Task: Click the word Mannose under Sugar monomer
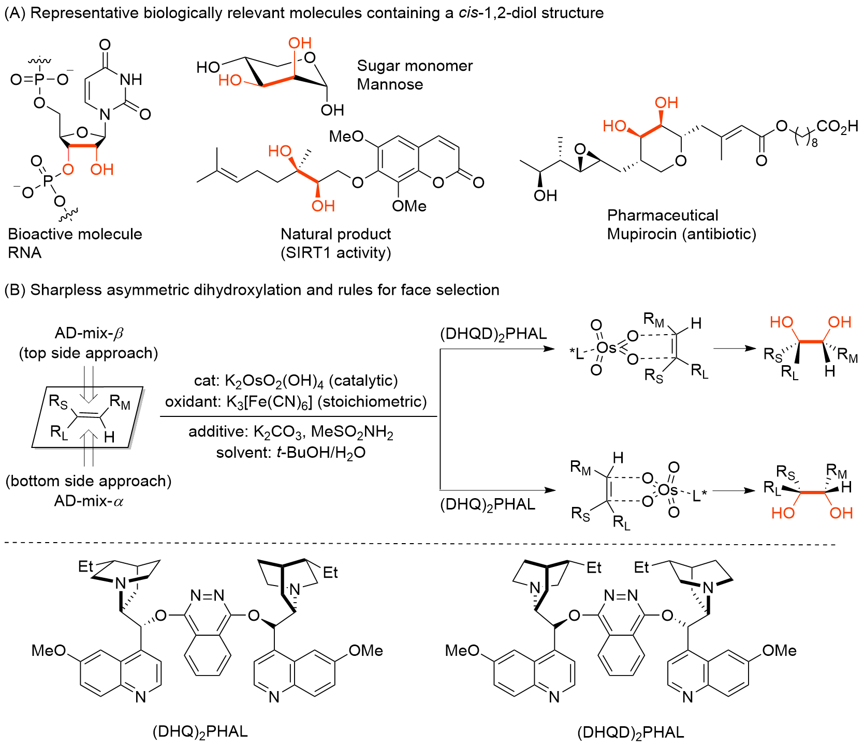[x=390, y=84]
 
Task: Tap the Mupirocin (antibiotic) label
[x=681, y=234]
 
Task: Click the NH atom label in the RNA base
[x=130, y=79]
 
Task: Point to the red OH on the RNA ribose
[x=101, y=169]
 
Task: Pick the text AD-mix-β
[x=89, y=333]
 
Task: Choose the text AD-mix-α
[x=89, y=501]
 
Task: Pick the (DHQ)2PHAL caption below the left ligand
[x=200, y=732]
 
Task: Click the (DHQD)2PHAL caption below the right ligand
[x=631, y=732]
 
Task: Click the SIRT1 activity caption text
[x=335, y=253]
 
